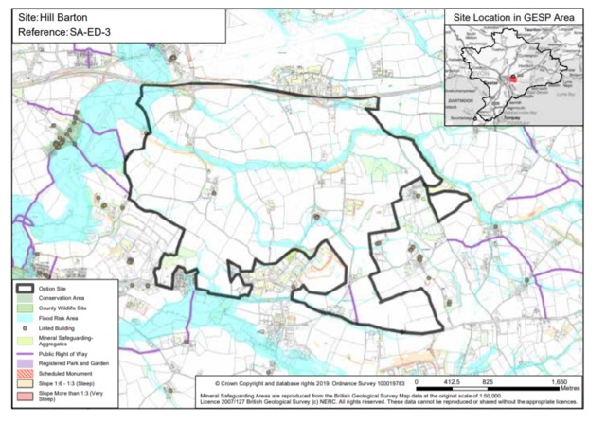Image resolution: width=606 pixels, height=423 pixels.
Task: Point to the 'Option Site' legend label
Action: [x=56, y=288]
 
